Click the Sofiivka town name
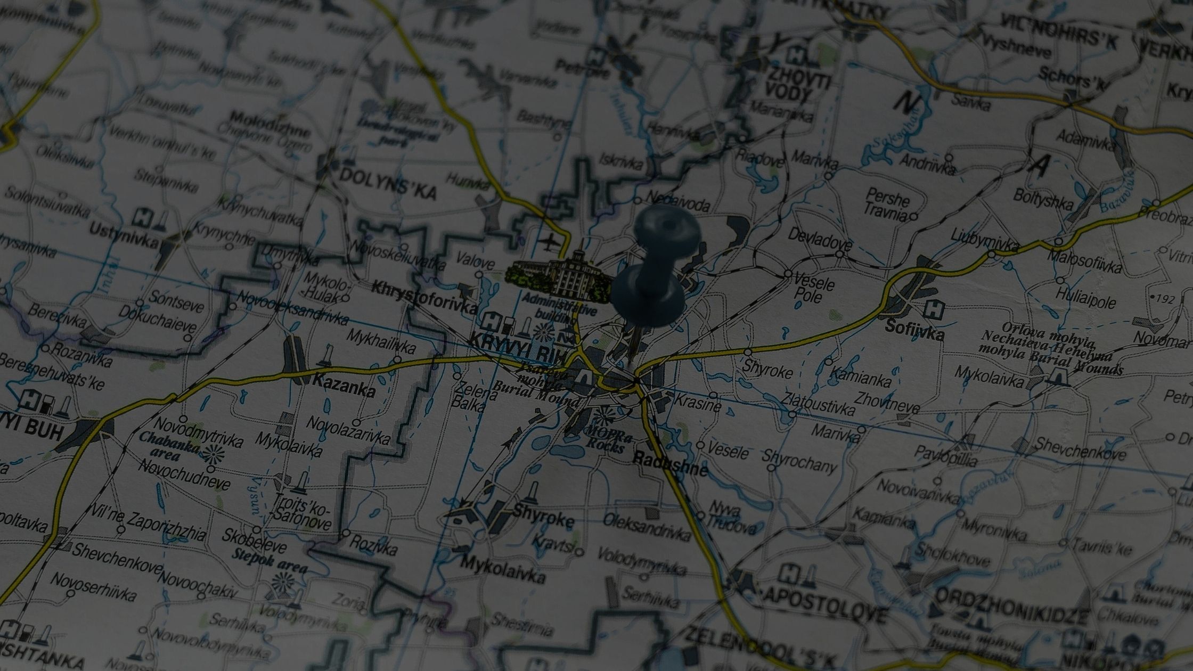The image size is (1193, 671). tap(914, 330)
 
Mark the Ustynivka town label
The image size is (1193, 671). tap(124, 236)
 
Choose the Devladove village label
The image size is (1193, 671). tap(820, 239)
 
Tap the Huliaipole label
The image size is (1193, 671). tap(1086, 299)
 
